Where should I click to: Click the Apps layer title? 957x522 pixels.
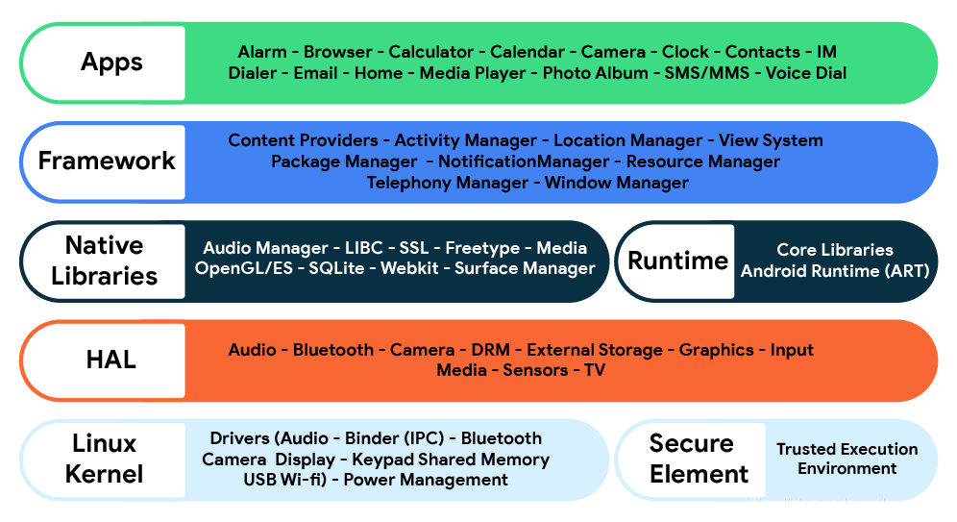111,62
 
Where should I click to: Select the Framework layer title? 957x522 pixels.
107,161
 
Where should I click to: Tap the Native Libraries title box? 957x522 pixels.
104,261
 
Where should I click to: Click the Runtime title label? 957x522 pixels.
677,261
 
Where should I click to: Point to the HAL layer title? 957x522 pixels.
110,360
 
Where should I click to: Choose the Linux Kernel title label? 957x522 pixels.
104,459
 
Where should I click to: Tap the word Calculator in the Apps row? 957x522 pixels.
430,52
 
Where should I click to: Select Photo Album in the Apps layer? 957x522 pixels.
595,73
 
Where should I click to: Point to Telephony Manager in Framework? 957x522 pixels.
447,183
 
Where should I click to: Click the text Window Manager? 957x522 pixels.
616,183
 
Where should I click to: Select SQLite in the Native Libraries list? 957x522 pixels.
336,268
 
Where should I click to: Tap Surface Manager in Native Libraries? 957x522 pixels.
525,268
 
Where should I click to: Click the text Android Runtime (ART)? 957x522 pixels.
834,271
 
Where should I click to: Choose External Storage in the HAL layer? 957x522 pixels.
594,350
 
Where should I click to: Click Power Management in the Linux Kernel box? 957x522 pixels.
426,480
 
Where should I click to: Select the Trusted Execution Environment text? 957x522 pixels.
847,459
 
